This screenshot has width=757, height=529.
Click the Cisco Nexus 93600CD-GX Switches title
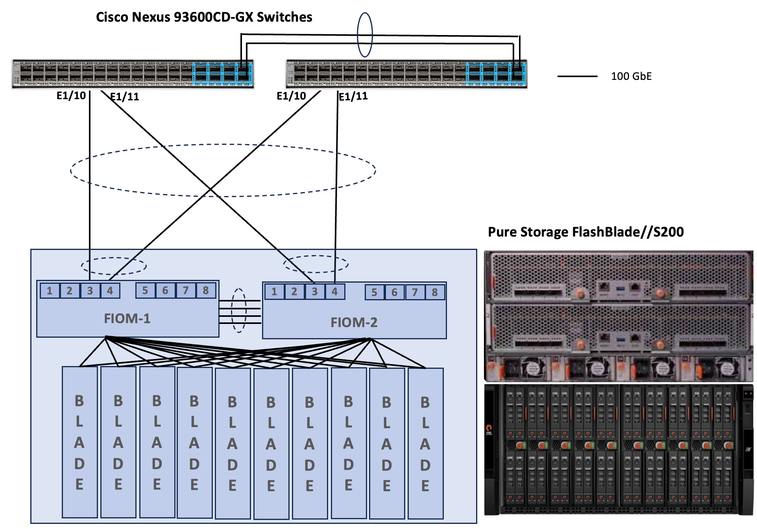click(204, 17)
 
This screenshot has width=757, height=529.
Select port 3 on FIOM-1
click(90, 291)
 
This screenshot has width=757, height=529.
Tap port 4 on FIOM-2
click(334, 292)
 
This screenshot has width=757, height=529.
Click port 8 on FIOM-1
click(205, 290)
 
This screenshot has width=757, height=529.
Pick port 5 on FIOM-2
click(375, 292)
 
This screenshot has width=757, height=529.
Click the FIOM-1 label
click(127, 318)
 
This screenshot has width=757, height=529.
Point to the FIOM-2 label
click(354, 322)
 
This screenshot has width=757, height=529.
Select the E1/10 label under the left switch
click(71, 96)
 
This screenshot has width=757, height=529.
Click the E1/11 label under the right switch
click(353, 96)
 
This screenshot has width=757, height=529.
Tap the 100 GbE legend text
click(631, 76)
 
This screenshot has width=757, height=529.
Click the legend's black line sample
click(577, 76)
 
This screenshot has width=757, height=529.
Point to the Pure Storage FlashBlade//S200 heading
click(585, 232)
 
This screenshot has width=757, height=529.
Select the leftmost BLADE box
click(80, 442)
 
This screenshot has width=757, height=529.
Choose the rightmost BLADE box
click(425, 443)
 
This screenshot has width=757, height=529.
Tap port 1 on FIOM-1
click(50, 291)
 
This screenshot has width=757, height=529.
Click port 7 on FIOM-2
click(415, 292)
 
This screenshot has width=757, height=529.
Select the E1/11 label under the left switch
click(125, 97)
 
